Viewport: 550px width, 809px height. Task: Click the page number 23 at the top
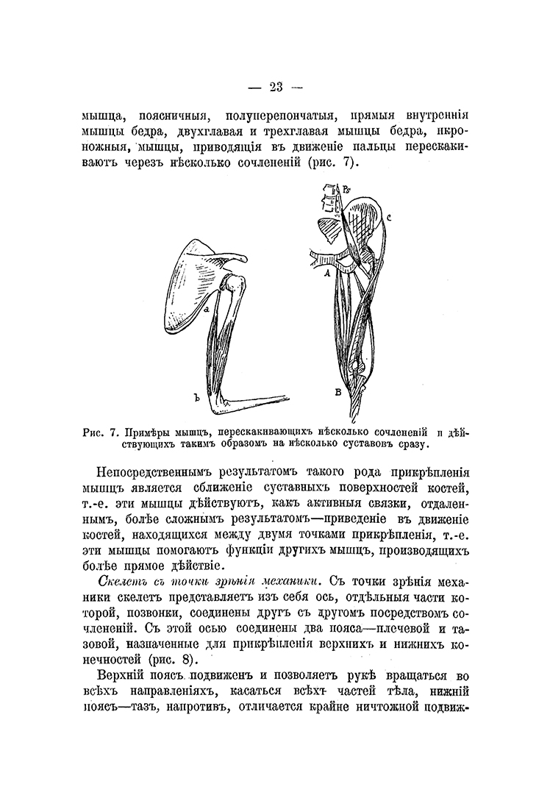pos(276,88)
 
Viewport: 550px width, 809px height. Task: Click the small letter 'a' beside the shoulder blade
pos(208,310)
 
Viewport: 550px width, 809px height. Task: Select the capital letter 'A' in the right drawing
pos(326,273)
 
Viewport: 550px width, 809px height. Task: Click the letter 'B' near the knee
pos(337,392)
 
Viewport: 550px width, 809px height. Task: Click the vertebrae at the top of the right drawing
pos(327,202)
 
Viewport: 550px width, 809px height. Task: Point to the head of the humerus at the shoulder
pos(234,280)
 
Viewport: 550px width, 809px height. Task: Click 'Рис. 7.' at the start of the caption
pos(99,432)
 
